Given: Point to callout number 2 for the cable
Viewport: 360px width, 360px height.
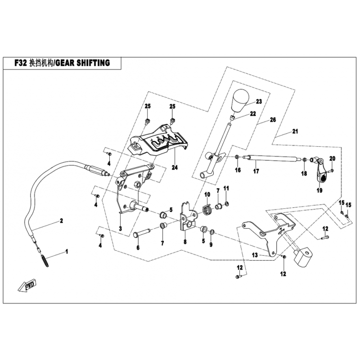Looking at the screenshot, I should (60, 221).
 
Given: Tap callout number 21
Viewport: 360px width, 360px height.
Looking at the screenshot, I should (295, 132).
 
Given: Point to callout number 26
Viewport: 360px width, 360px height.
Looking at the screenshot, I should (272, 120).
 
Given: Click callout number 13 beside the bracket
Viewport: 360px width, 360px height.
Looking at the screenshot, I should (254, 255).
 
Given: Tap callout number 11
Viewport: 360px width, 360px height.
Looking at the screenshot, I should (226, 188).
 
